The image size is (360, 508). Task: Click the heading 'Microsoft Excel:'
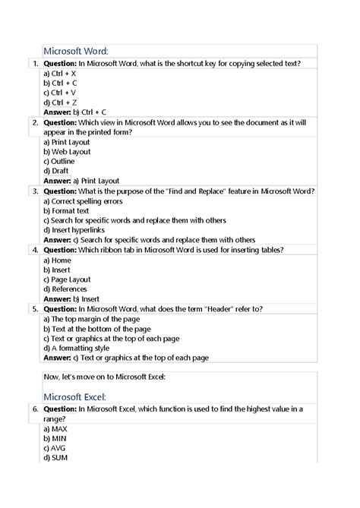tap(78, 396)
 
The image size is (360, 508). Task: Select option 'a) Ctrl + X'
tap(60, 73)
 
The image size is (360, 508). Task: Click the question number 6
tap(35, 409)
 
